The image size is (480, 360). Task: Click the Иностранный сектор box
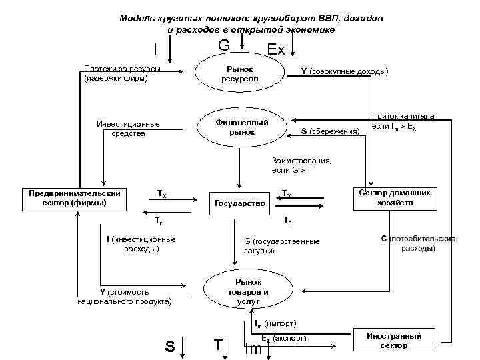tap(394, 341)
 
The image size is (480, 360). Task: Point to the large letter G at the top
tap(224, 45)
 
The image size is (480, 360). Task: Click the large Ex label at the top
tap(275, 50)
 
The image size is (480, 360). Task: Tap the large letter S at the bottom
tap(170, 346)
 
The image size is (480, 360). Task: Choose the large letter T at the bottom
tap(217, 345)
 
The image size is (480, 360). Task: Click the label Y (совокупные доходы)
tap(345, 71)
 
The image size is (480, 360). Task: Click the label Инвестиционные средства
tap(128, 128)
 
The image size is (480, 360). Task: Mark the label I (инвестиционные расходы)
tap(141, 243)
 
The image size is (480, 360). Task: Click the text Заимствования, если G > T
tap(301, 165)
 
